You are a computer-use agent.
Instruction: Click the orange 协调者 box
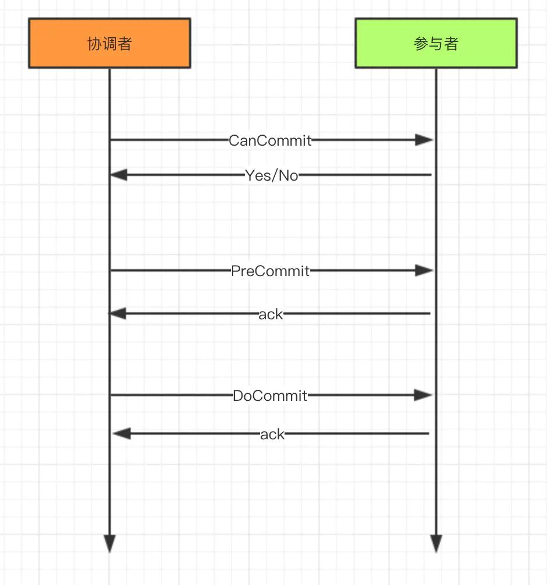(x=110, y=43)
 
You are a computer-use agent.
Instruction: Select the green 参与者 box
(x=436, y=43)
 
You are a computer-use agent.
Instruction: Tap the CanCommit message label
(x=270, y=140)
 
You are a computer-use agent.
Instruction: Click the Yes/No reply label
(x=272, y=175)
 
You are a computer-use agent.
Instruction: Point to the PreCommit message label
(x=270, y=271)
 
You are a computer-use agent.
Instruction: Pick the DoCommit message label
(x=270, y=396)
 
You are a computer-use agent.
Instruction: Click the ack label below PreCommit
(x=271, y=315)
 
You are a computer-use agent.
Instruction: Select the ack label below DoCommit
(x=272, y=434)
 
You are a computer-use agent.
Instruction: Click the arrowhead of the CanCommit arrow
(x=425, y=140)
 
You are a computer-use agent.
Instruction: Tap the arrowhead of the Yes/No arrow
(x=118, y=175)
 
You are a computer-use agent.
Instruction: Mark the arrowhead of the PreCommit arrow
(x=425, y=270)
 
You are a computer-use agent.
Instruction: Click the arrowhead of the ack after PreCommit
(x=118, y=314)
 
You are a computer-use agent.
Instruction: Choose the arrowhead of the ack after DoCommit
(x=120, y=434)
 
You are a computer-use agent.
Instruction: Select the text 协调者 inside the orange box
(x=110, y=44)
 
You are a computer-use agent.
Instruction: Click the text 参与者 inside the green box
(x=436, y=44)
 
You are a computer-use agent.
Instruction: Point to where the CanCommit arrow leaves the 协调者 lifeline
(x=110, y=140)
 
